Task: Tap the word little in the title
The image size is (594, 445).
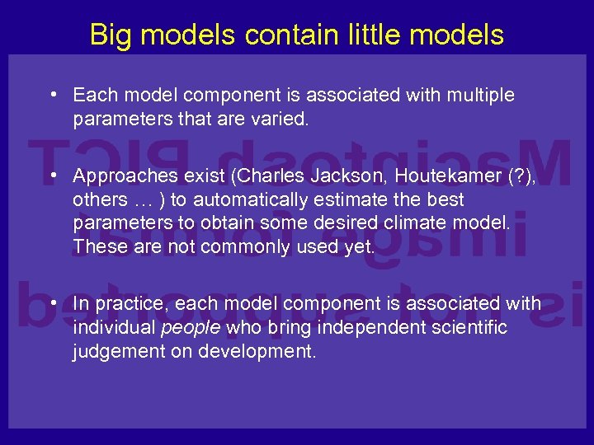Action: (361, 35)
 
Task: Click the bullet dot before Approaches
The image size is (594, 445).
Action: (52, 175)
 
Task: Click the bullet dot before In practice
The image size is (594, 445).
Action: (52, 302)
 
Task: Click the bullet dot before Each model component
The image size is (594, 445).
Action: (52, 94)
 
